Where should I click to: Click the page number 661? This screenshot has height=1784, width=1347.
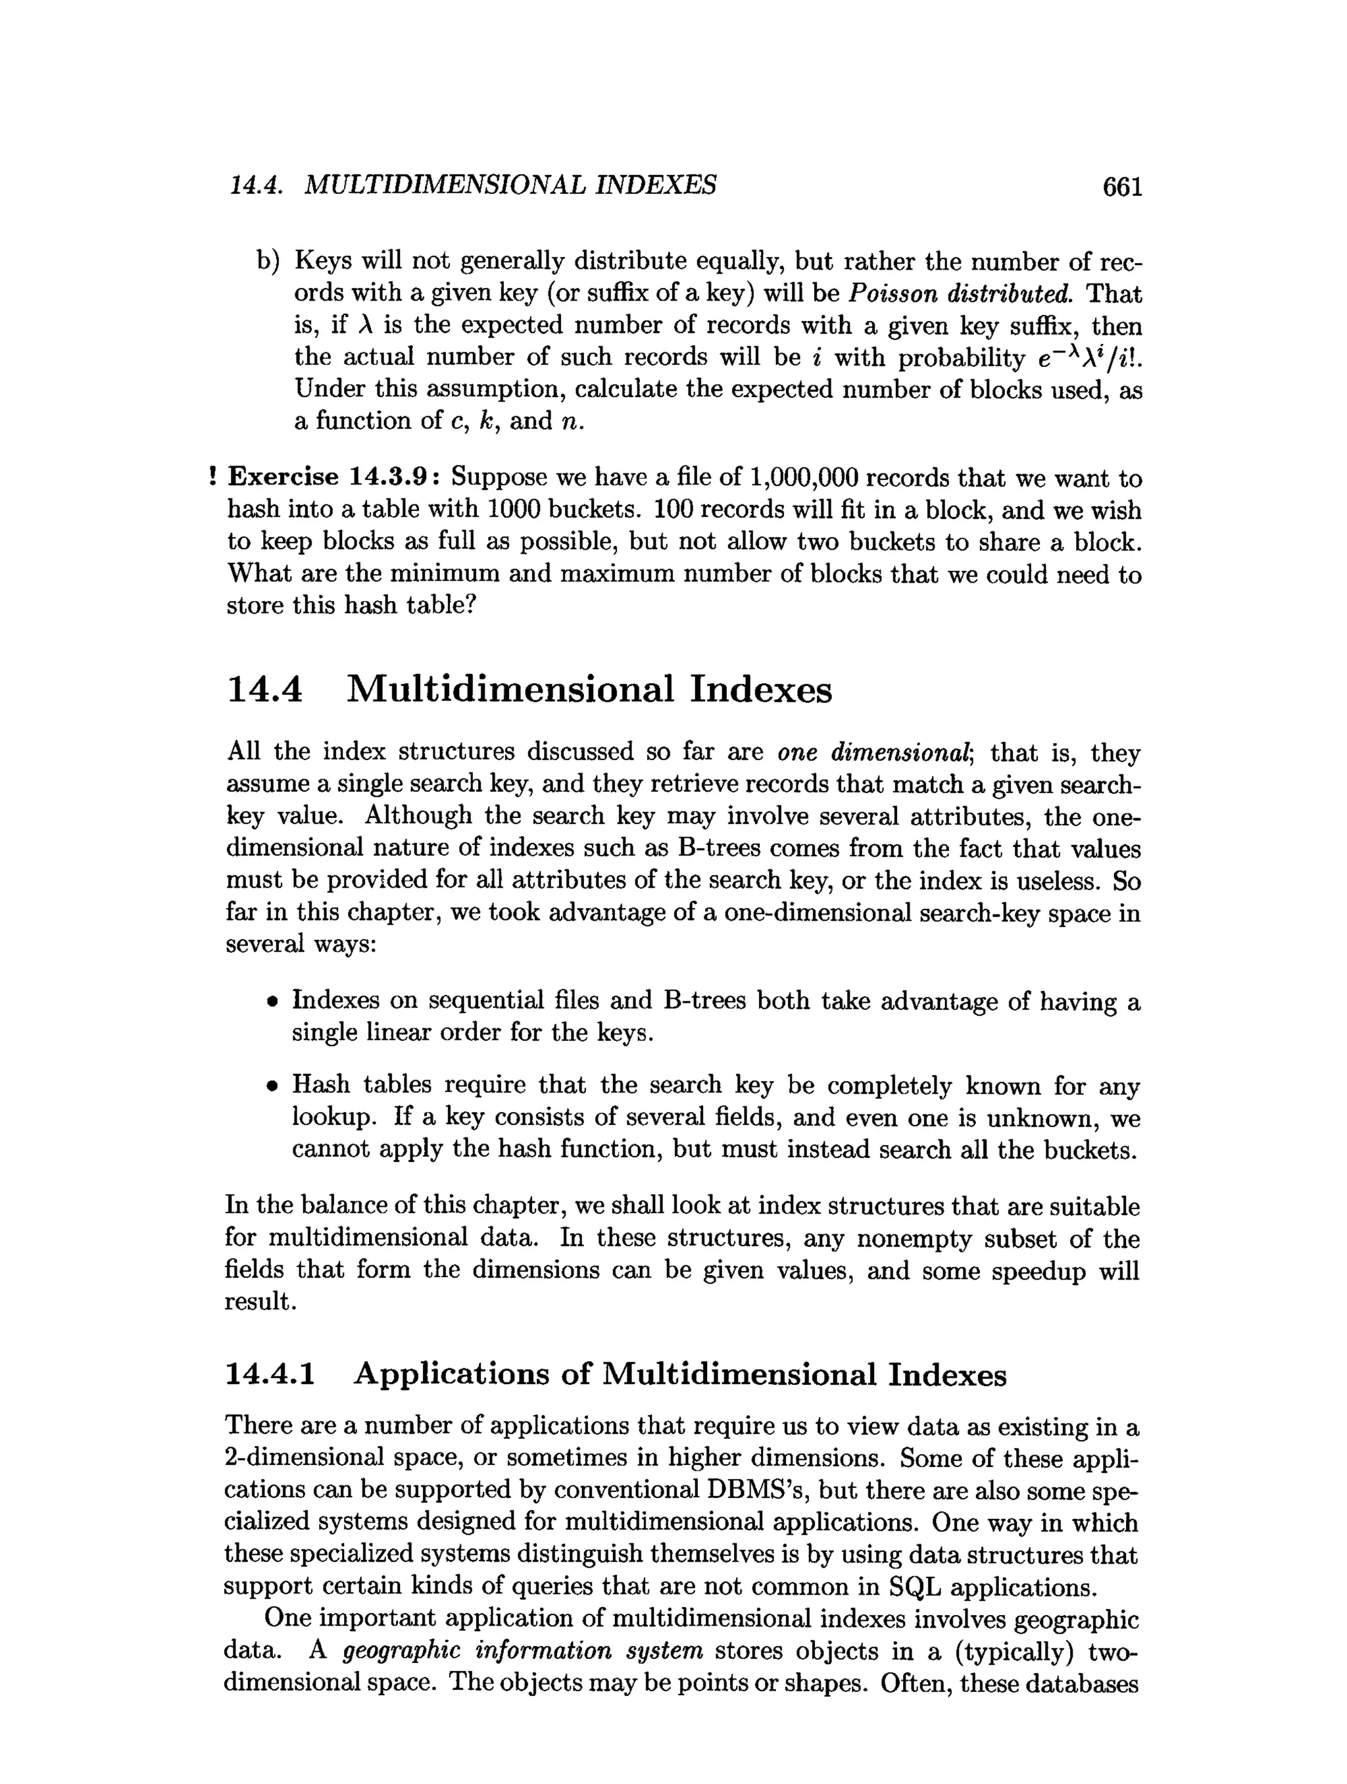coord(1122,187)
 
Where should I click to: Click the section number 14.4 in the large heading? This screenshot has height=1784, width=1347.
coord(265,690)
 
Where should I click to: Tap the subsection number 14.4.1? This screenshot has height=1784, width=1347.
coord(270,1374)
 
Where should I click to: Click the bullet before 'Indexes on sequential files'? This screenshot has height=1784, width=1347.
coord(274,1003)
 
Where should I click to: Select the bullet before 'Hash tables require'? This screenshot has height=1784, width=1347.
coord(274,1087)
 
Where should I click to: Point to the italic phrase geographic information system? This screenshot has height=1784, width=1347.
coord(523,1651)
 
